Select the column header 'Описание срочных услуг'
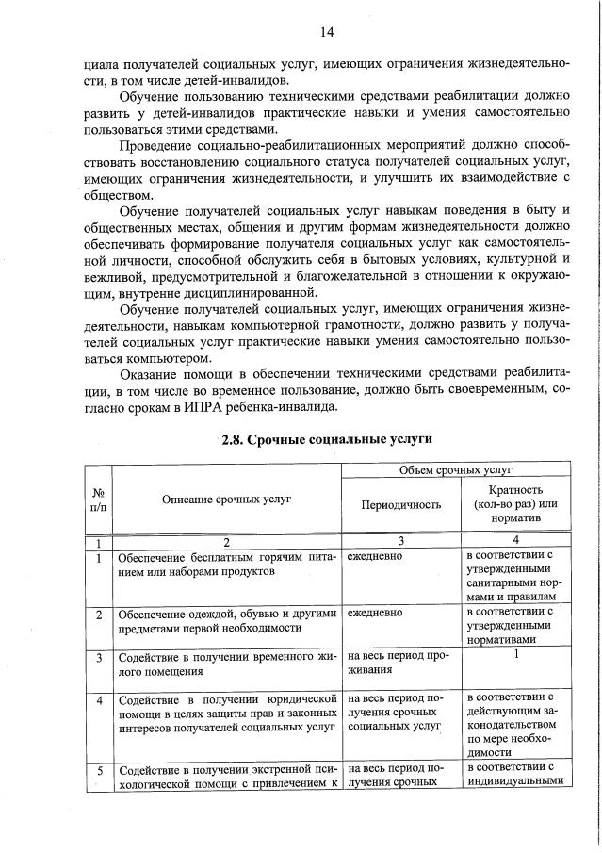226,498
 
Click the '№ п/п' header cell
98,498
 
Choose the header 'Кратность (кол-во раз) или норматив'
515,504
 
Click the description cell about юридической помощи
226,714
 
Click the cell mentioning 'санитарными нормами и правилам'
515,576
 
